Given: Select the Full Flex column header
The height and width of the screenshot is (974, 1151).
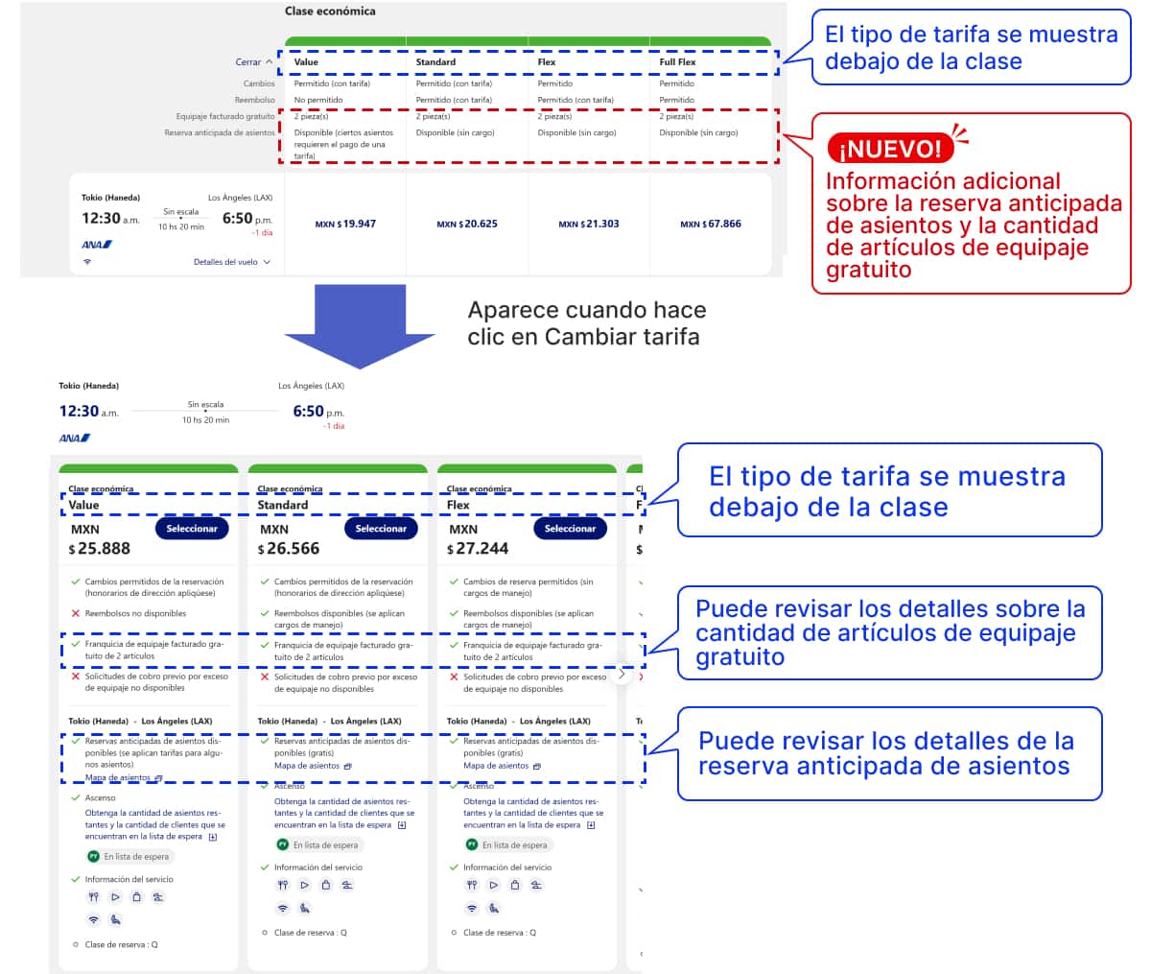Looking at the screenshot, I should click(677, 62).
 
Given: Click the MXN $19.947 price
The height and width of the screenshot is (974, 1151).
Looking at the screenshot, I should click(345, 224).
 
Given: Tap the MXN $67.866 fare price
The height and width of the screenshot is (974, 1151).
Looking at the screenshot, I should click(711, 224).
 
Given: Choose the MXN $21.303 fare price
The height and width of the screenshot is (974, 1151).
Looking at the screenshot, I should click(589, 224).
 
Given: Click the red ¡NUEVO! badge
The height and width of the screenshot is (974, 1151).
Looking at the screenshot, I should click(890, 149).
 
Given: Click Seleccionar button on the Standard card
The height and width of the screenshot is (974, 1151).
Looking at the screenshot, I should click(381, 529).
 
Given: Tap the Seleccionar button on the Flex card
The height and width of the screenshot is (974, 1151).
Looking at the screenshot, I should click(570, 529).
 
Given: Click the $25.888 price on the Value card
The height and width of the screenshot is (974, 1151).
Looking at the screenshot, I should click(99, 549).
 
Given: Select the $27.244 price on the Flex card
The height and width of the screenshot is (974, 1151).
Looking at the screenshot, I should click(477, 549).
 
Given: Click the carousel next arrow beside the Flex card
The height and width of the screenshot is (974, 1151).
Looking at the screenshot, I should click(622, 674).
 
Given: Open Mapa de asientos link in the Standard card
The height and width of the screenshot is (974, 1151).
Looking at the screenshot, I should click(307, 766).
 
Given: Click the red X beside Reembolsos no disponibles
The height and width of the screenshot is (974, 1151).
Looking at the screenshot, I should click(76, 613).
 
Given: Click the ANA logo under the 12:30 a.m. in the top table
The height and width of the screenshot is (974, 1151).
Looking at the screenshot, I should click(97, 245).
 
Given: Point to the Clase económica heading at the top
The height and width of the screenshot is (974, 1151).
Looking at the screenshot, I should click(330, 12).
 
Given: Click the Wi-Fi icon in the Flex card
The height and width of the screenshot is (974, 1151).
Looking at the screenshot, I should click(471, 908).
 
